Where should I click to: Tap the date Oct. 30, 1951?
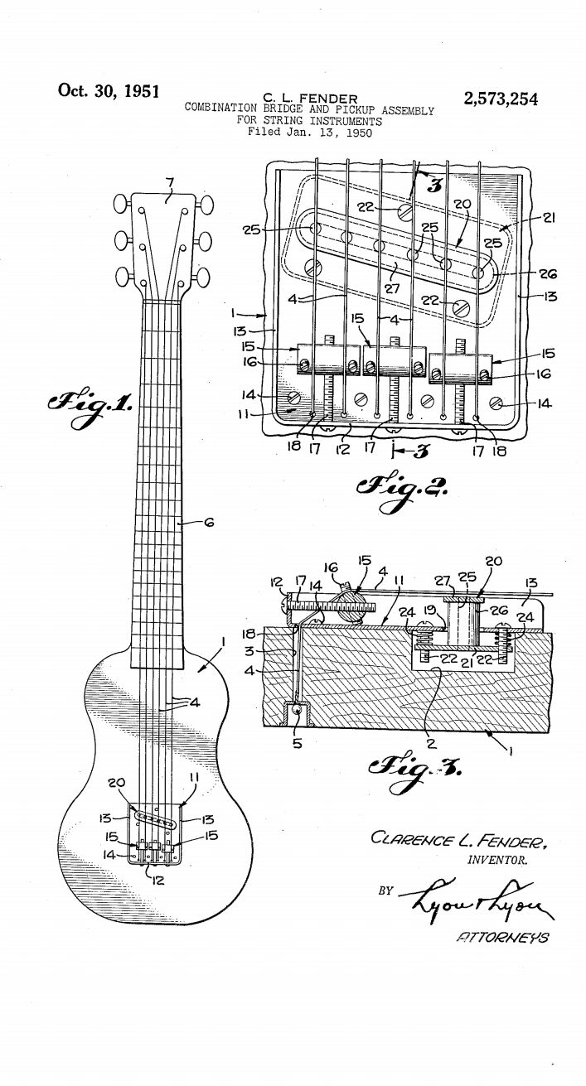109,90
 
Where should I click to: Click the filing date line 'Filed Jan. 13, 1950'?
310,132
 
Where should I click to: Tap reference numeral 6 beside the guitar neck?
209,523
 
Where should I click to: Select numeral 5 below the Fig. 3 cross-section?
297,742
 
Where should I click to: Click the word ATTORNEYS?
502,937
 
